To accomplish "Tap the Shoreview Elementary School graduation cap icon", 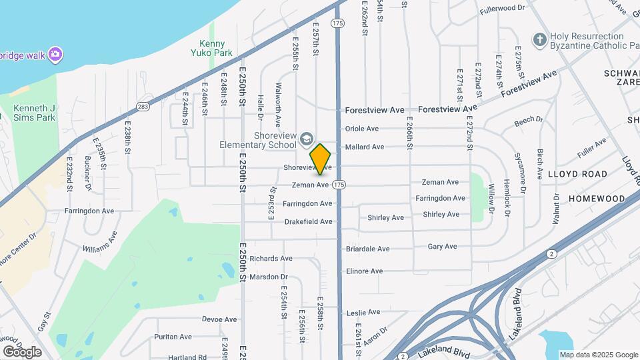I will click(306, 138).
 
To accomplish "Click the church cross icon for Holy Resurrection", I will click(539, 39).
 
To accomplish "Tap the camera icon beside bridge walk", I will click(55, 53).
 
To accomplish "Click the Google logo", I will click(22, 351).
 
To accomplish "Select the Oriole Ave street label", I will click(362, 129).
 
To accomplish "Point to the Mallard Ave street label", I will click(364, 147).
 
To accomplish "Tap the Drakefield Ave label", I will click(308, 221).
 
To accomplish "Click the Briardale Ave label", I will click(367, 249).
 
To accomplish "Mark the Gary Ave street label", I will click(442, 246).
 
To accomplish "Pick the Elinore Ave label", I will click(364, 271).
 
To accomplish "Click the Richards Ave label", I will click(271, 259).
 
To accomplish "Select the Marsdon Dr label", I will click(269, 277).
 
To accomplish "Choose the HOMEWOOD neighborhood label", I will click(597, 199).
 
